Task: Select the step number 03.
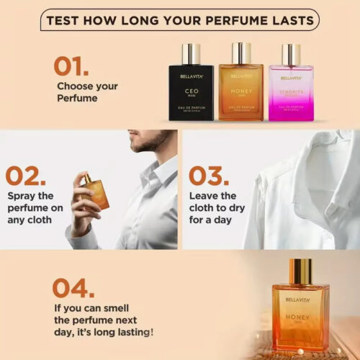[210, 175]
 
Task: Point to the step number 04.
[73, 287]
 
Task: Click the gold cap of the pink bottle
[291, 54]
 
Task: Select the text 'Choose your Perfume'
[86, 92]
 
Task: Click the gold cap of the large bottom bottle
[300, 271]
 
